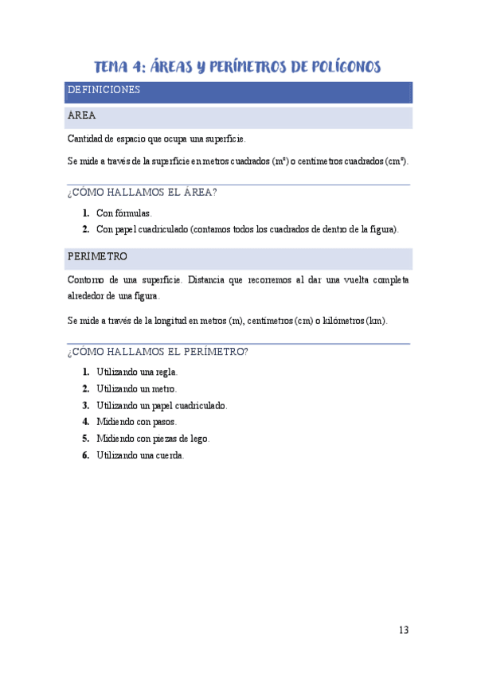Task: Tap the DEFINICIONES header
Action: (104, 90)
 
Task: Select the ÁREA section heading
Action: (82, 115)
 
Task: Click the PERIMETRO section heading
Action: (97, 257)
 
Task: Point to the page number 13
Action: (403, 630)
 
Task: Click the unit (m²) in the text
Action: (280, 161)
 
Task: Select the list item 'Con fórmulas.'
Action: (123, 213)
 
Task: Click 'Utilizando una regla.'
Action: (137, 372)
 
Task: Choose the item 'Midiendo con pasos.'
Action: (136, 422)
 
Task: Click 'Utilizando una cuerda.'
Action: (140, 455)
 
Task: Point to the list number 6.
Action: (85, 455)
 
